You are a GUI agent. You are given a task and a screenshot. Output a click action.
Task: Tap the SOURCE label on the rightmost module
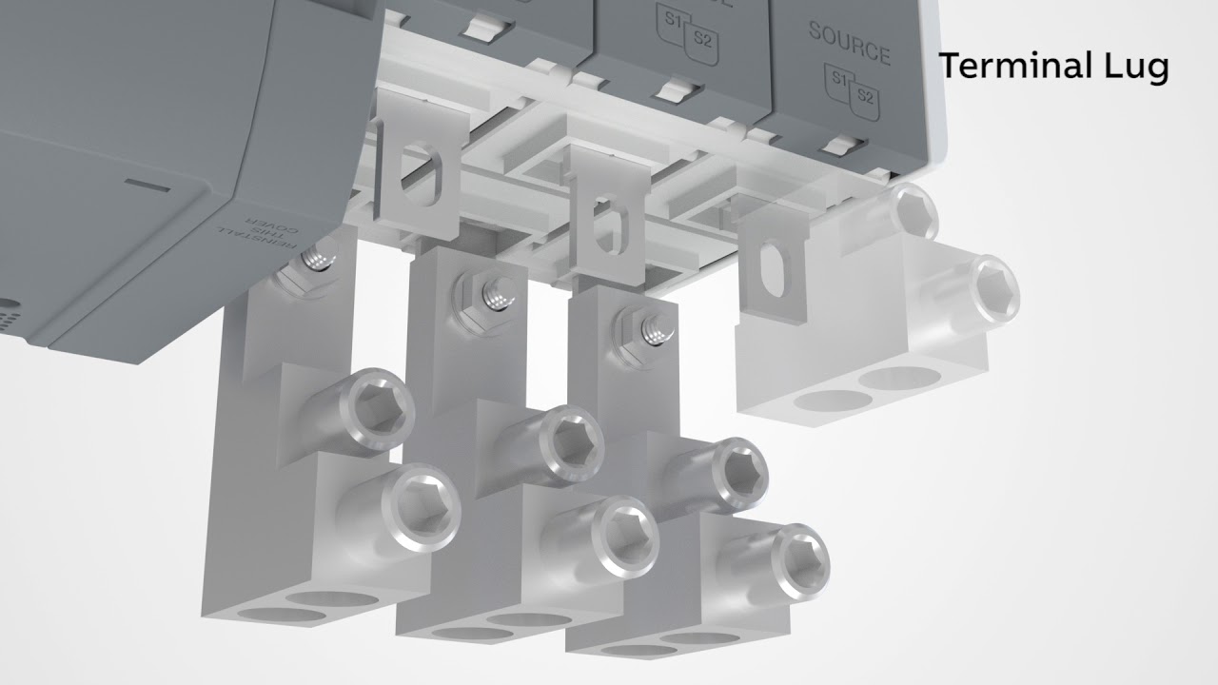click(x=849, y=43)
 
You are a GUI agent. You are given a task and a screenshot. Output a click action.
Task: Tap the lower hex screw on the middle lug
click(x=624, y=529)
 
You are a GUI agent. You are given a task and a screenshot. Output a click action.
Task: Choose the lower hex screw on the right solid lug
click(x=795, y=558)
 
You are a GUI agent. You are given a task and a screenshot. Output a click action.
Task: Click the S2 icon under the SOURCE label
click(x=864, y=94)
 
